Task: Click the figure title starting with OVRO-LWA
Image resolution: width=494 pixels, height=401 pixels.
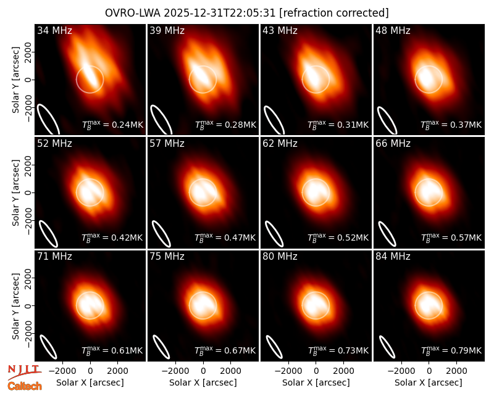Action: [x=246, y=13]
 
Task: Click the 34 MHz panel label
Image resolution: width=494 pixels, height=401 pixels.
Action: [x=54, y=30]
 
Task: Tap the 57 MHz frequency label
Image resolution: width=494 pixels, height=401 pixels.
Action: [x=167, y=144]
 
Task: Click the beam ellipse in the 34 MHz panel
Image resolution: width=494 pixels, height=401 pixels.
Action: [x=49, y=120]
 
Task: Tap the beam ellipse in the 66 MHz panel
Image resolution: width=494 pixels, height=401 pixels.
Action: [x=387, y=234]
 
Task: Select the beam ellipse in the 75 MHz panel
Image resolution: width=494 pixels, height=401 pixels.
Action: [x=161, y=347]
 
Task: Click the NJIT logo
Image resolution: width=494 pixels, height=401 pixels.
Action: [x=24, y=373]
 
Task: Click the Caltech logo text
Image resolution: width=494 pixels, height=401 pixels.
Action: [x=25, y=386]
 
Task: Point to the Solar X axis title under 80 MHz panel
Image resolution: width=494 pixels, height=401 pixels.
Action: [x=316, y=382]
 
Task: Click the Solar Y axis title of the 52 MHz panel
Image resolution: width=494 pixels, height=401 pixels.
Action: [x=15, y=192]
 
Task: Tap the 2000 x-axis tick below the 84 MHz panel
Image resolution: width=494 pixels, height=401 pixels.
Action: [x=456, y=371]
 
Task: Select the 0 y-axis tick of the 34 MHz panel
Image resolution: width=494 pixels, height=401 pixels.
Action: [x=28, y=80]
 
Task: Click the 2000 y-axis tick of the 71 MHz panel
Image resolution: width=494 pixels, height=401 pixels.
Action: [x=28, y=278]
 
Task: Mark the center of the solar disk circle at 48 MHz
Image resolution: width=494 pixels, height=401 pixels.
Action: [x=429, y=80]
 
